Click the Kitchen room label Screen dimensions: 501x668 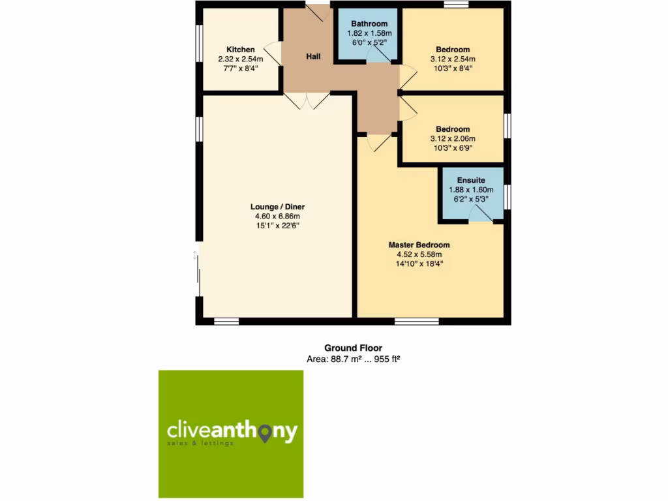(241, 50)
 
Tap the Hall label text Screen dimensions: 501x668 (313, 57)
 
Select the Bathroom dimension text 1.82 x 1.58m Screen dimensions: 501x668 (369, 33)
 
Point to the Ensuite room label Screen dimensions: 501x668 (470, 180)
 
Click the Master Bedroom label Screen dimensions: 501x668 (419, 245)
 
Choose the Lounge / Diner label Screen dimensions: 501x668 (277, 207)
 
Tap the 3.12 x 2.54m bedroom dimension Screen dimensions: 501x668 (452, 59)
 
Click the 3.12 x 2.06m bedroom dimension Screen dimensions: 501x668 (452, 138)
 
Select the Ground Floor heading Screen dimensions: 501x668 (353, 348)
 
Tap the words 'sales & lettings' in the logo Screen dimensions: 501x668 (200, 444)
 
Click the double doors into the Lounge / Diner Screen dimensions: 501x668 (307, 100)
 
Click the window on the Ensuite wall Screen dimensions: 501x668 (507, 197)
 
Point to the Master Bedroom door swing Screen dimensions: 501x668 (379, 143)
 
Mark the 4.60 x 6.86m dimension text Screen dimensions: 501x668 (277, 217)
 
